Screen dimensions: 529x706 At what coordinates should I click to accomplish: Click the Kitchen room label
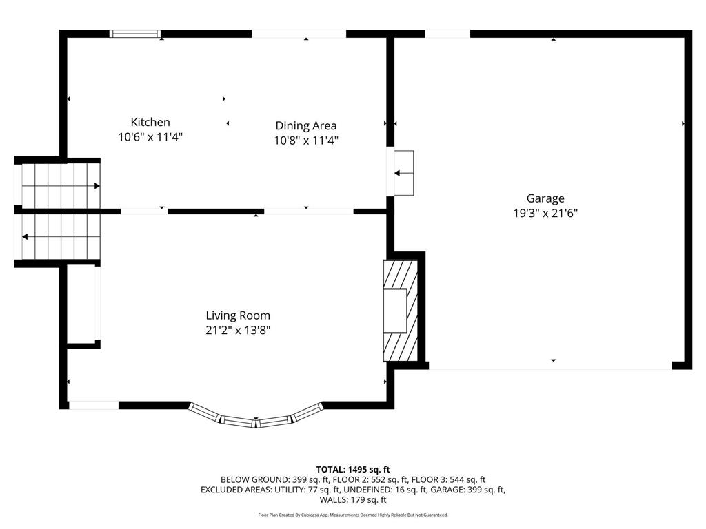(150, 122)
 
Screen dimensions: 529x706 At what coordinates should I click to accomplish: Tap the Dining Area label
(305, 125)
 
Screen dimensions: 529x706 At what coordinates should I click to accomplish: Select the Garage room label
(545, 198)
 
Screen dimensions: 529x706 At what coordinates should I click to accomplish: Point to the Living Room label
(238, 315)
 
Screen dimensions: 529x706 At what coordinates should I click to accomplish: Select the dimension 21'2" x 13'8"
(238, 331)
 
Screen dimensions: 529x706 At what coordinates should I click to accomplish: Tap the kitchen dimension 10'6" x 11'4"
(150, 137)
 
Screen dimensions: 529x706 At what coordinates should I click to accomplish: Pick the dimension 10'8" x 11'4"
(305, 141)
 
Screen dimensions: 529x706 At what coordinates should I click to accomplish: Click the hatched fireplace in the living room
(401, 311)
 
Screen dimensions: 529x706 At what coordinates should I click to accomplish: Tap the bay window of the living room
(256, 417)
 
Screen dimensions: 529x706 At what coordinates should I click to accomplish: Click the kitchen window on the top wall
(135, 34)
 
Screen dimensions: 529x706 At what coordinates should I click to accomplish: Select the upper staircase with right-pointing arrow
(59, 185)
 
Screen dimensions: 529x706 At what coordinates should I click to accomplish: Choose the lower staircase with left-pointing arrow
(59, 236)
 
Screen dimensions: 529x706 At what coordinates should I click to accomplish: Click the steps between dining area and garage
(403, 173)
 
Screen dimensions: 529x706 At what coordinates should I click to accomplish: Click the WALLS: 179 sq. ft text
(353, 500)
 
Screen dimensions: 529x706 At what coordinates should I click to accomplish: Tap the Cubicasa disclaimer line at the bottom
(353, 515)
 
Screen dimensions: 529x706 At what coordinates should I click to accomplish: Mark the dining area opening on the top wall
(299, 34)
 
